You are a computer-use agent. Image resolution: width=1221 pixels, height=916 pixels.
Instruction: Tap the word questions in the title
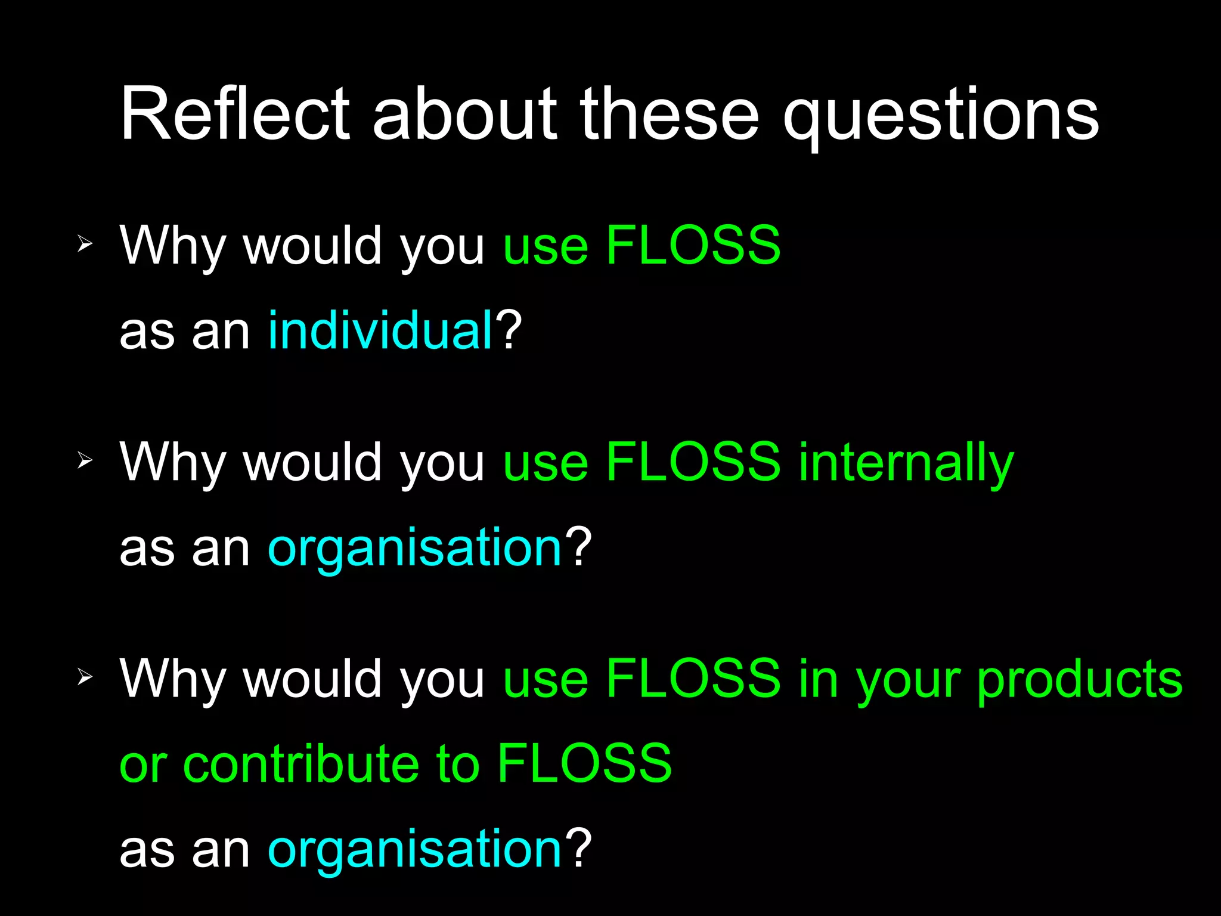(941, 116)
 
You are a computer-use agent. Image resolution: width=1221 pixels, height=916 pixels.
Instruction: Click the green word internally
(906, 462)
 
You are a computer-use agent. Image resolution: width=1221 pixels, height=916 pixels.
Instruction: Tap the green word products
(1080, 680)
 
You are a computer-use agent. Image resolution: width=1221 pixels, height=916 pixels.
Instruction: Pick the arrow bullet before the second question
(85, 460)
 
